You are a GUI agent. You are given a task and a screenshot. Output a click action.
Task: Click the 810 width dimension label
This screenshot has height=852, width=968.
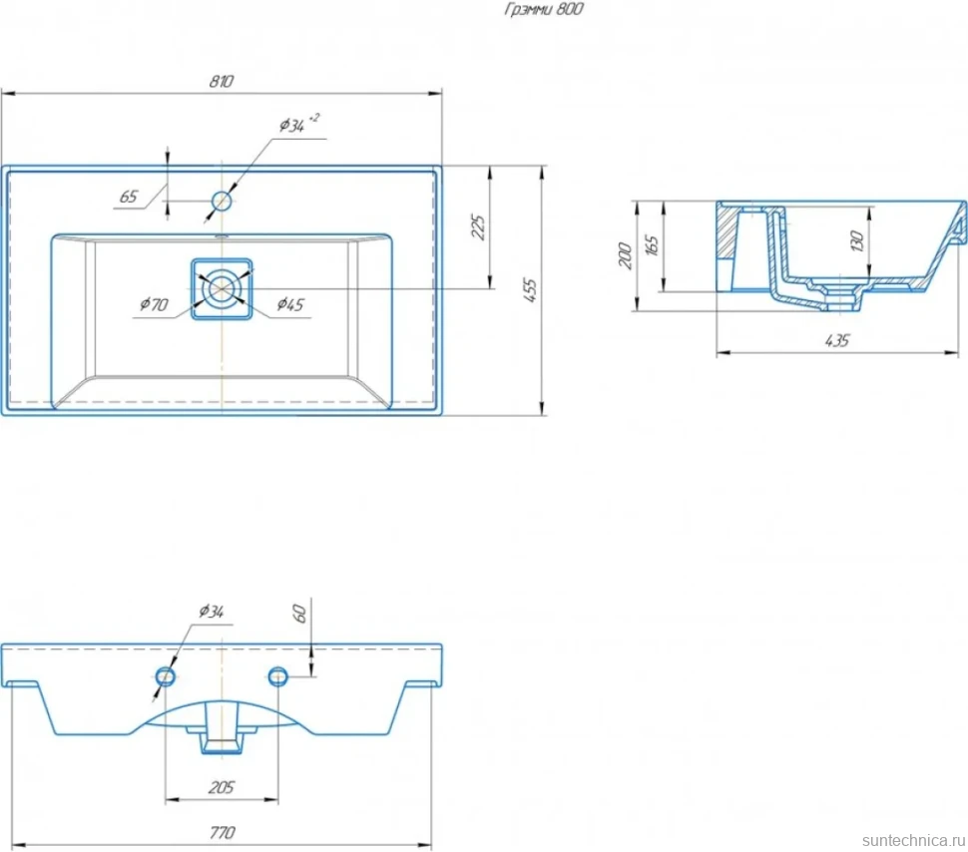[221, 82]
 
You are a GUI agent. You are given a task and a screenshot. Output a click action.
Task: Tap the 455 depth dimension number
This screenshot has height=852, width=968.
[530, 290]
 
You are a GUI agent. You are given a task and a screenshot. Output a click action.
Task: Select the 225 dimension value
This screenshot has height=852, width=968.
[478, 227]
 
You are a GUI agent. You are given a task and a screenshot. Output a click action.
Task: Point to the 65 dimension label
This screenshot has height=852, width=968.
[129, 197]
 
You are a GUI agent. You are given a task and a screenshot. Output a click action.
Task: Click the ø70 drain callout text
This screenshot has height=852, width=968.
[154, 303]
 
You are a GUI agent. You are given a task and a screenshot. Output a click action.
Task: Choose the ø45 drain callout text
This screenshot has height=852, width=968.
[290, 303]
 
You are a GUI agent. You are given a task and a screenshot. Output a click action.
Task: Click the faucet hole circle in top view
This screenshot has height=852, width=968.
[222, 201]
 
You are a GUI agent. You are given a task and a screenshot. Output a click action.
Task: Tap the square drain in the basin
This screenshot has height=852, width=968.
[222, 289]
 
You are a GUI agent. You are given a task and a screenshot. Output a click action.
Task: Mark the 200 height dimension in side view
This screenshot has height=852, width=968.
[626, 255]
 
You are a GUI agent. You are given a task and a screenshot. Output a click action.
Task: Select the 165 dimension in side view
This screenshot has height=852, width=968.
[652, 245]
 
